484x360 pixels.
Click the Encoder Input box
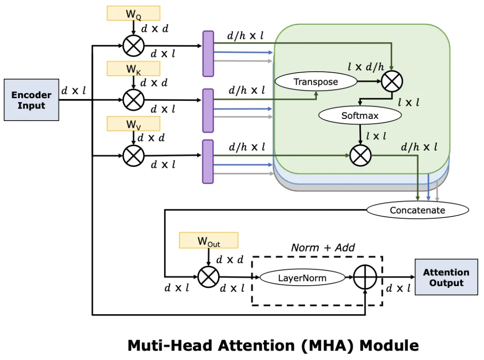point(31,100)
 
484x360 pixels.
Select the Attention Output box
point(446,277)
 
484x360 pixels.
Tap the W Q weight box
point(134,13)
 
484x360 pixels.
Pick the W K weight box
point(134,69)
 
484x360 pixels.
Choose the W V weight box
point(134,124)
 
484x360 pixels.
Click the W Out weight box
point(208,241)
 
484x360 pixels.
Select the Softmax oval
point(360,115)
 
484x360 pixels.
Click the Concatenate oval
point(417,210)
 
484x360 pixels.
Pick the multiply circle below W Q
point(134,45)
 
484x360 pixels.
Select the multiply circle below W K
point(134,100)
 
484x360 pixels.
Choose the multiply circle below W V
point(134,156)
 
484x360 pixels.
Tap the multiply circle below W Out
point(208,277)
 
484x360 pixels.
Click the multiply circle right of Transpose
point(392,81)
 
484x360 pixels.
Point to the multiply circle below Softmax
point(360,156)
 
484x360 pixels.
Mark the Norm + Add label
point(323,247)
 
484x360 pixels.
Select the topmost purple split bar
point(208,53)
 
